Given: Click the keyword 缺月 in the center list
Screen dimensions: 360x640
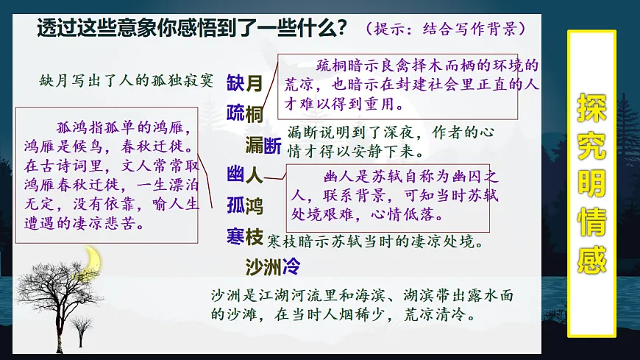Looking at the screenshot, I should point(245,83).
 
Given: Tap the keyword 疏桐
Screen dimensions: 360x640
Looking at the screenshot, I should point(245,114).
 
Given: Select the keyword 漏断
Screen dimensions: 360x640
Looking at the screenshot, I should point(263,146).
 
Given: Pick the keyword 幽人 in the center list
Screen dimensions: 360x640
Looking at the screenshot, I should point(245,175).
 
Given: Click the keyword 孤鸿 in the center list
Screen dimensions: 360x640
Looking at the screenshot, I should point(245,205).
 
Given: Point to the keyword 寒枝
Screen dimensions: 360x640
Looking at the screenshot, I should point(245,237).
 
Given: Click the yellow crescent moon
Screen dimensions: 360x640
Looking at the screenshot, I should point(93,259).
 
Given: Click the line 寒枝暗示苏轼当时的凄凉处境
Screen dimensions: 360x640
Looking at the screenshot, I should point(375,241).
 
